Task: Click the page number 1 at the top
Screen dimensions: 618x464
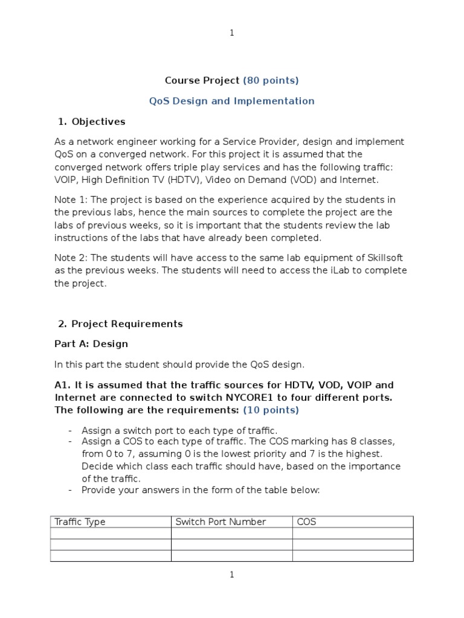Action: pyautogui.click(x=232, y=33)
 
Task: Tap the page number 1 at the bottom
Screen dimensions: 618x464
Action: pyautogui.click(x=232, y=575)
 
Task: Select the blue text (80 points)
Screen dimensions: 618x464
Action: pyautogui.click(x=271, y=80)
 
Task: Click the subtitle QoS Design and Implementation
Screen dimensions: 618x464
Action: pyautogui.click(x=232, y=101)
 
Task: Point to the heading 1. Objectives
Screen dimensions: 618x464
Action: pyautogui.click(x=92, y=121)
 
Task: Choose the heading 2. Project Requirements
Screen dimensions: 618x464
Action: pyautogui.click(x=120, y=323)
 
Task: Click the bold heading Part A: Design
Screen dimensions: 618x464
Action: pyautogui.click(x=91, y=344)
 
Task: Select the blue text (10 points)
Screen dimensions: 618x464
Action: pyautogui.click(x=271, y=410)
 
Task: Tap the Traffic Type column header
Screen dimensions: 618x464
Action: pyautogui.click(x=80, y=522)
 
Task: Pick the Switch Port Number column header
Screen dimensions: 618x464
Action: pyautogui.click(x=221, y=522)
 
